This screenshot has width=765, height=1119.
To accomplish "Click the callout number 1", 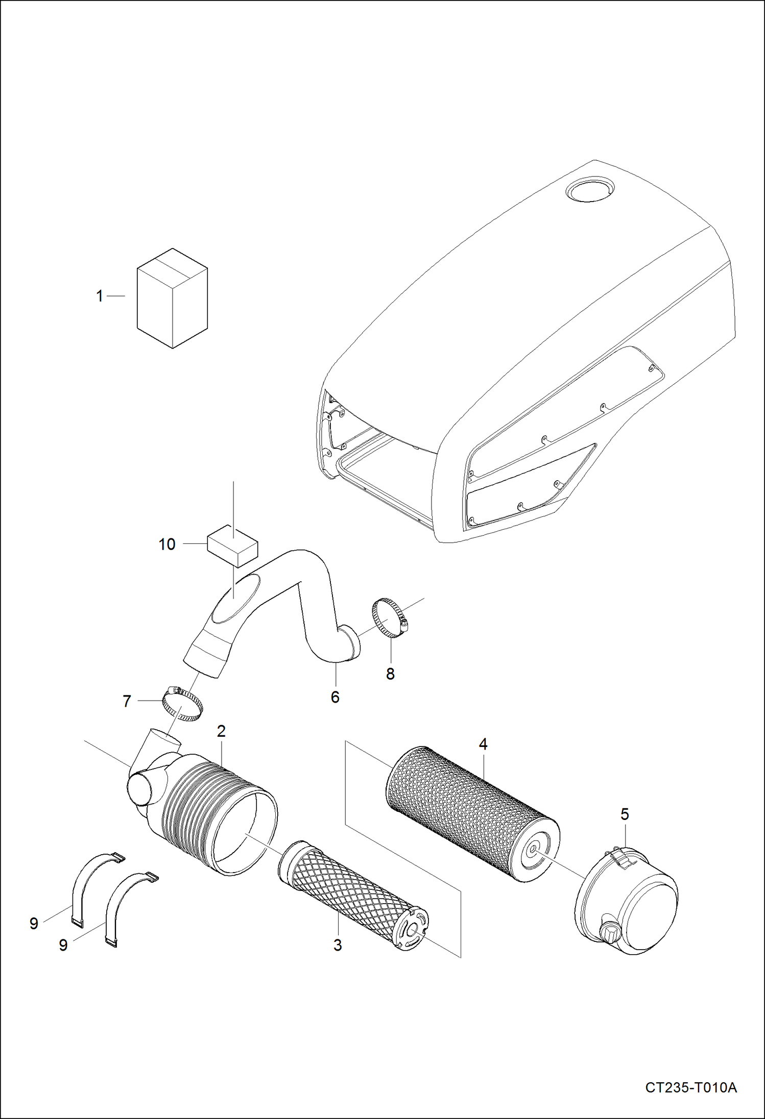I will point(100,296).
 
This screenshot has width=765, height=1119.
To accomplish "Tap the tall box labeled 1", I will point(172,299).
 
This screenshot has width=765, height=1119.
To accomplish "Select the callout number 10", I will point(167,544).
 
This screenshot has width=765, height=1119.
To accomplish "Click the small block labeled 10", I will point(232,545).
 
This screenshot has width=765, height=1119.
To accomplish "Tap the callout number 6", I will point(335,697).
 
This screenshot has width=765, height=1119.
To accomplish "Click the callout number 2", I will point(221,731).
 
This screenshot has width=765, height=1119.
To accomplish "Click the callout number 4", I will point(483,744).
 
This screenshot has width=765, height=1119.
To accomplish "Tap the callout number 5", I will point(625,814).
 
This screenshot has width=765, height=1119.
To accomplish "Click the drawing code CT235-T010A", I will point(691,1088).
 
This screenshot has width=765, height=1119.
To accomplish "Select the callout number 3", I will point(338,945).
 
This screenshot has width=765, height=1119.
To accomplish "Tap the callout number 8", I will point(390,674).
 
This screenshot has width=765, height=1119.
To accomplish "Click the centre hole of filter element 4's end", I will point(532,849).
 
